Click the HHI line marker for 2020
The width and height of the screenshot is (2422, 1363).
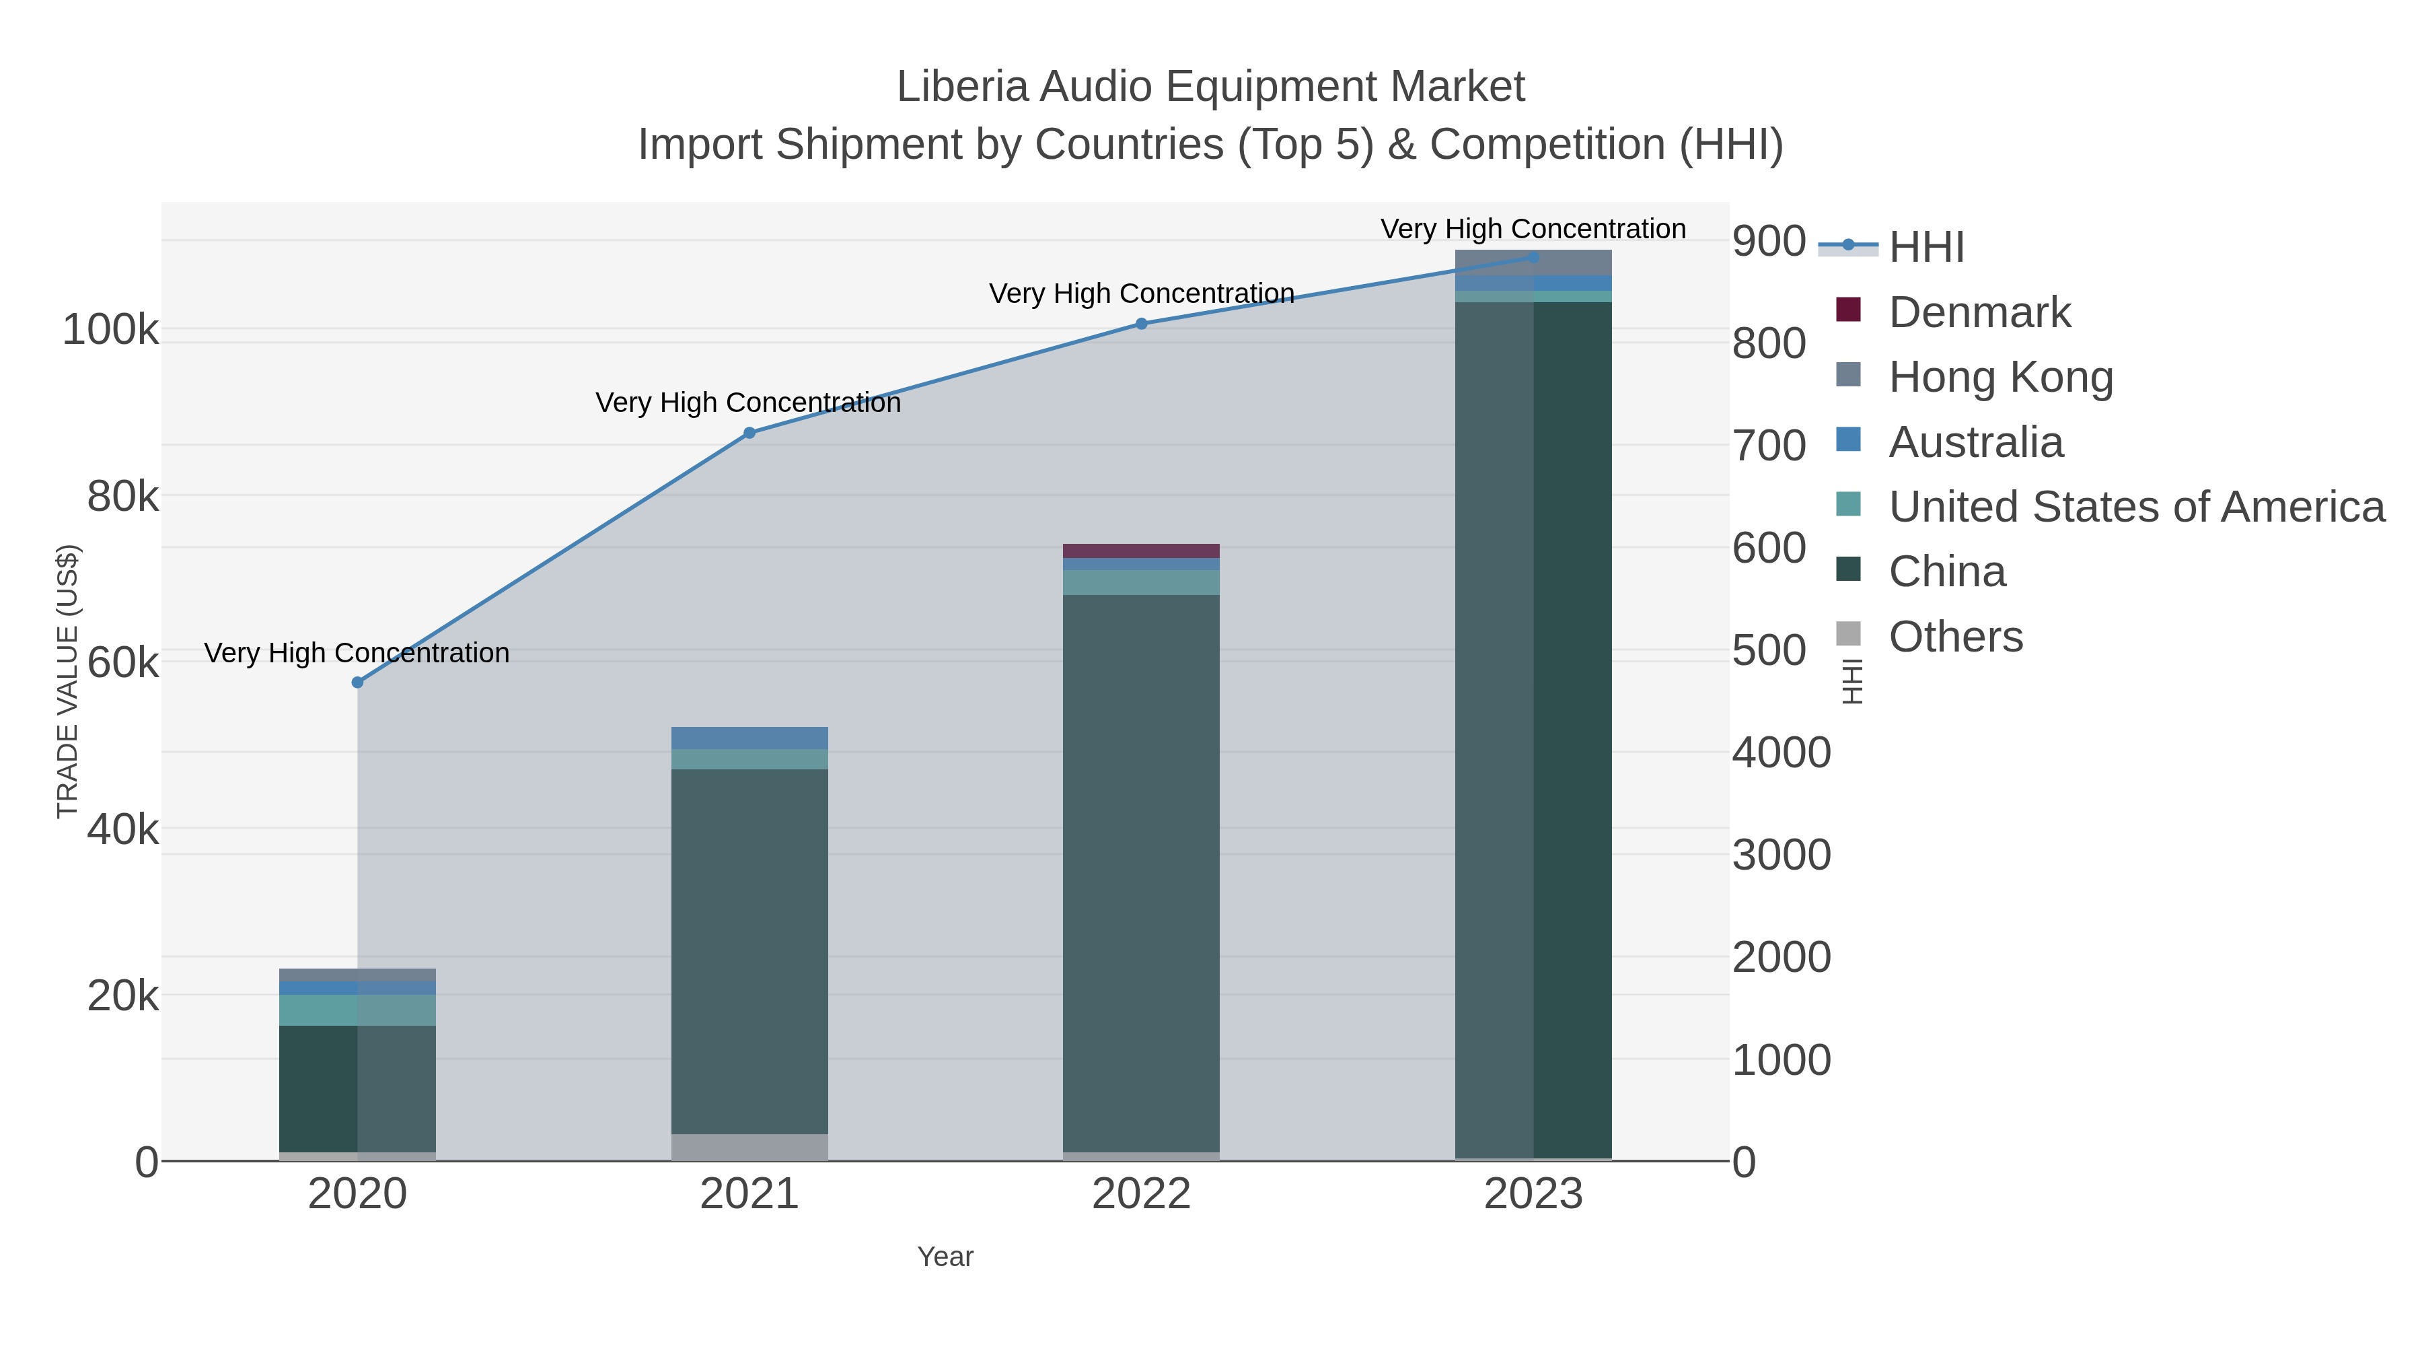pyautogui.click(x=357, y=682)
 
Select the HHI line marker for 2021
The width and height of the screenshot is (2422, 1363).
pyautogui.click(x=749, y=433)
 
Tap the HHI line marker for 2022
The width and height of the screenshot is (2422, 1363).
pyautogui.click(x=1142, y=324)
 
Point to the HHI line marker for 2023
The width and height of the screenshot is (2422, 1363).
pyautogui.click(x=1533, y=257)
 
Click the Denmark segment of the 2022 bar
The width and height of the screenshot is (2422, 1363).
pyautogui.click(x=1142, y=551)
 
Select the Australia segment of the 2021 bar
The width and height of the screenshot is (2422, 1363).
pyautogui.click(x=749, y=738)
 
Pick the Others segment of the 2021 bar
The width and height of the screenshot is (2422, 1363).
pyautogui.click(x=749, y=1147)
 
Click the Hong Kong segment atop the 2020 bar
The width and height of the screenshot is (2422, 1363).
pyautogui.click(x=357, y=975)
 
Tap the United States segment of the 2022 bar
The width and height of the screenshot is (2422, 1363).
pyautogui.click(x=1142, y=582)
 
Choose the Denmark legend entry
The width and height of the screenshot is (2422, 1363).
pyautogui.click(x=1979, y=312)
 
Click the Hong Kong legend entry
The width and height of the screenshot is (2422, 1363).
pyautogui.click(x=2001, y=377)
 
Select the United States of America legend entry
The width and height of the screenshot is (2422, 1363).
pyautogui.click(x=2136, y=507)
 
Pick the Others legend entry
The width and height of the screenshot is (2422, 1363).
pyautogui.click(x=1956, y=637)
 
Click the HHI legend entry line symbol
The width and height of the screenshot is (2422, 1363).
pyautogui.click(x=1847, y=246)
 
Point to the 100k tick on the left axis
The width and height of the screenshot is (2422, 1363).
pyautogui.click(x=110, y=330)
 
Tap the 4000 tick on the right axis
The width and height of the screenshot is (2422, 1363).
pyautogui.click(x=1782, y=753)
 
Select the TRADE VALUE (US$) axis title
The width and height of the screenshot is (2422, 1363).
pyautogui.click(x=68, y=681)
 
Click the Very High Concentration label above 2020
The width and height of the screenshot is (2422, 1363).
pyautogui.click(x=357, y=653)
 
